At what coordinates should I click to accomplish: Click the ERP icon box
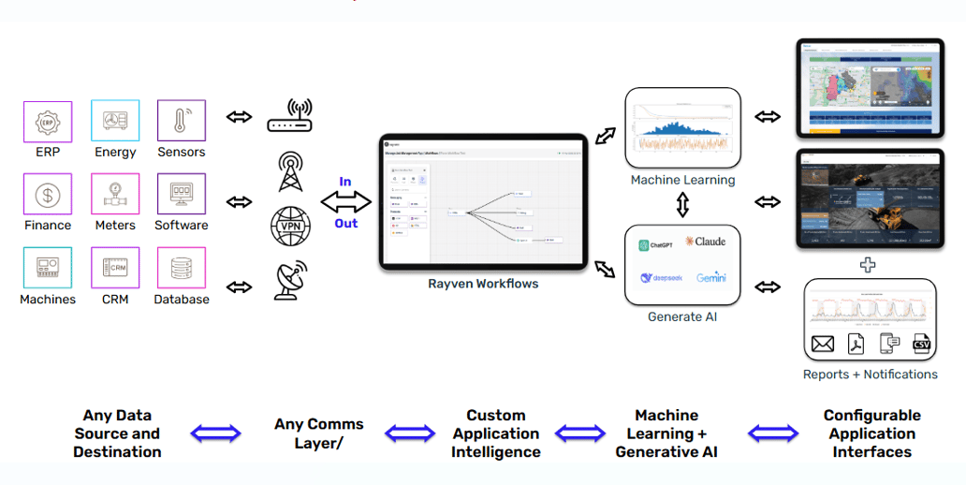(x=47, y=122)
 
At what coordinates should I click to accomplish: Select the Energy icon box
(x=115, y=122)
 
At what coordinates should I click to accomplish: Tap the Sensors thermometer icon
(x=182, y=122)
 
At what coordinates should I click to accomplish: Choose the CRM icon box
(x=115, y=268)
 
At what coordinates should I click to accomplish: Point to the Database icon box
(x=182, y=268)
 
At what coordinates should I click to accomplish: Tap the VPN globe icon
(x=290, y=226)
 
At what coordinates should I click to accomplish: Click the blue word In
(x=345, y=182)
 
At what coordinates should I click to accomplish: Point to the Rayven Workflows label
(x=483, y=284)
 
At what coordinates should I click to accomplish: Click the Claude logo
(x=705, y=242)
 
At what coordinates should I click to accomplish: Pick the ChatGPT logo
(x=658, y=245)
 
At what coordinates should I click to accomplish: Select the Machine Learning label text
(x=682, y=180)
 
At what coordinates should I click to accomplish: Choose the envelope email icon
(x=823, y=345)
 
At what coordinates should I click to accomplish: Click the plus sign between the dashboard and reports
(x=868, y=265)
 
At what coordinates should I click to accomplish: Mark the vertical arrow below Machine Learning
(x=683, y=204)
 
